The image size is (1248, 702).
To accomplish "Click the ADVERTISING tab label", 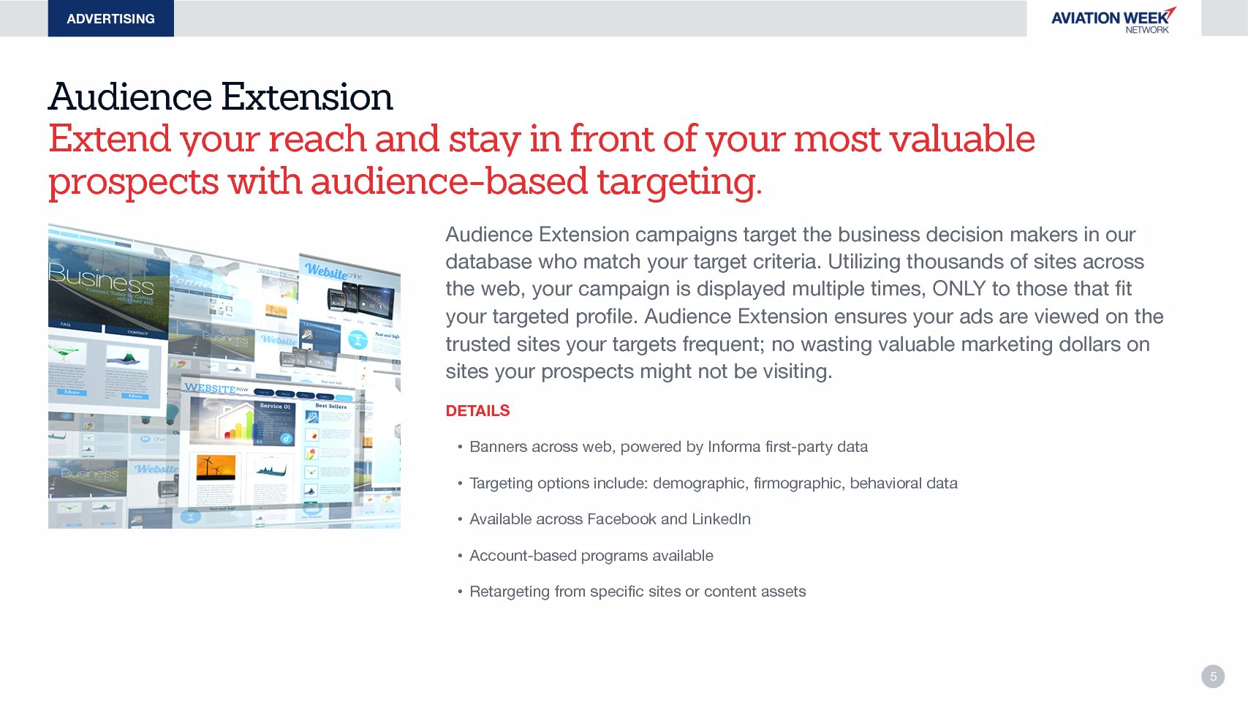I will coord(110,19).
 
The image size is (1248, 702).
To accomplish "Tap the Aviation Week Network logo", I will coord(1113,20).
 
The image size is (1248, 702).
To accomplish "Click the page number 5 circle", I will coord(1213,676).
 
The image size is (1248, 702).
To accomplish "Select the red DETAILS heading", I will coord(477,411).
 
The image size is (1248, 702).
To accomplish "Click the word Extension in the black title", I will coord(307,97).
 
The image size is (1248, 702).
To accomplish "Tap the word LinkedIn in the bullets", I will coord(721,519).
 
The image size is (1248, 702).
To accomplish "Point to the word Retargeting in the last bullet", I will coord(509,592).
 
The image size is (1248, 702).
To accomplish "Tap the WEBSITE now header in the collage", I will coord(216,388).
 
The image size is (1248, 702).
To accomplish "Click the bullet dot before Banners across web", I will coord(460,447).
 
